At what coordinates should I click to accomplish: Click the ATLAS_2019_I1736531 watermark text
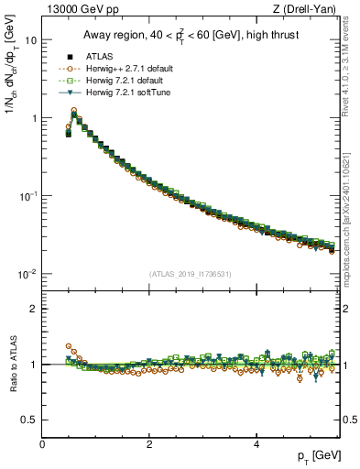coord(191,273)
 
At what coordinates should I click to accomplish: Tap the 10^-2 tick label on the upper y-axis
coord(27,274)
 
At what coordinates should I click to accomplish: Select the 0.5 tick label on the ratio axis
coord(29,420)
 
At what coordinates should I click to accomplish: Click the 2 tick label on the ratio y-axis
coord(33,309)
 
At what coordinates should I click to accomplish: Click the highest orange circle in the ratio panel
coord(69,347)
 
